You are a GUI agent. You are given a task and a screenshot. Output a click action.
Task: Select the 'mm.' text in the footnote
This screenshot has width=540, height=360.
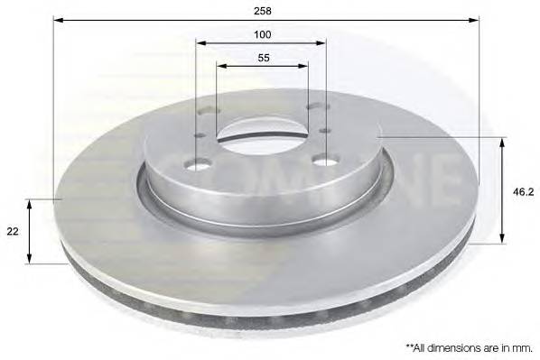click(521, 346)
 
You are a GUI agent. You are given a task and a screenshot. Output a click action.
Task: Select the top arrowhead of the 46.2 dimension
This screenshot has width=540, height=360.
click(501, 142)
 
